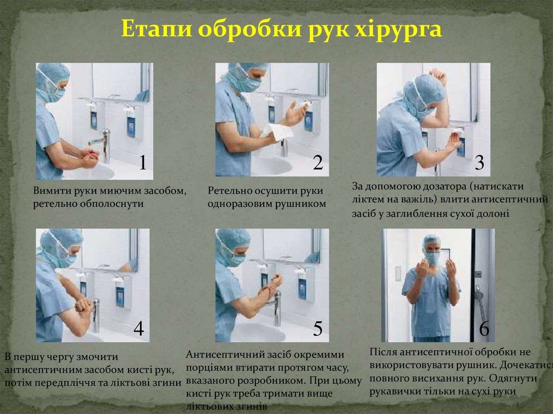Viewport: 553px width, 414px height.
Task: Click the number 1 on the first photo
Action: pos(143,162)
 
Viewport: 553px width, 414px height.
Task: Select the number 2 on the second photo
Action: pos(318,162)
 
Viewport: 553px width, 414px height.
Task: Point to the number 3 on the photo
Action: pos(480,162)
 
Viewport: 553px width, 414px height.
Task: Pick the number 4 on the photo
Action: pos(139,328)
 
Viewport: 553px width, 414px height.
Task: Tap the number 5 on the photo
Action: pos(318,328)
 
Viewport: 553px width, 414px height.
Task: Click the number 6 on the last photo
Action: pos(484,329)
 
